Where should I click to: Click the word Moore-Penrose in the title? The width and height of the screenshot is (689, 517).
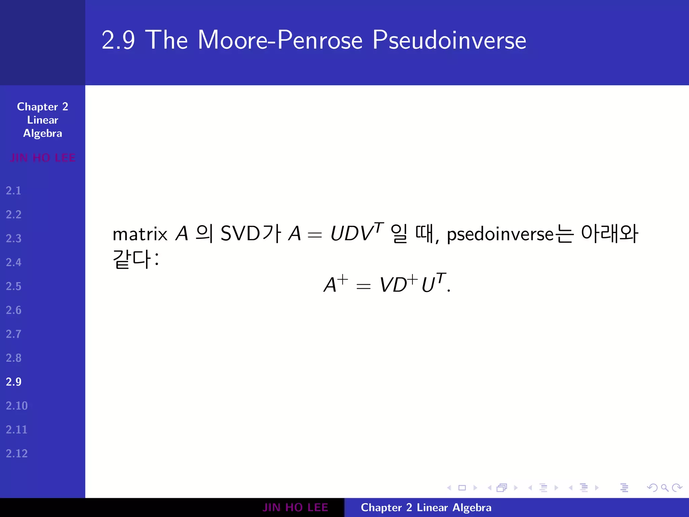pos(280,40)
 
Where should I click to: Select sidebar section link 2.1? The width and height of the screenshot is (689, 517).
pos(13,191)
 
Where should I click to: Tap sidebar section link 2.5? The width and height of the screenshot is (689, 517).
pos(13,286)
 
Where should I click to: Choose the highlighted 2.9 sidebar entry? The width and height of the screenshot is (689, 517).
pos(13,382)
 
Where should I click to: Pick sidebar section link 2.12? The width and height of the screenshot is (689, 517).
pos(16,454)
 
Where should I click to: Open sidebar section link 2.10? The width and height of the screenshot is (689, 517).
pos(16,406)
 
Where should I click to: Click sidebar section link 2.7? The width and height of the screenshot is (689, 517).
pos(13,334)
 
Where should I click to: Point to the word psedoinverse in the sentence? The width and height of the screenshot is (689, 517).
pos(500,235)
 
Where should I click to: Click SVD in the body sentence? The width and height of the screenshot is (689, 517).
pos(240,233)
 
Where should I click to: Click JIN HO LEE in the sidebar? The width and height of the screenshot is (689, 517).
pos(42,158)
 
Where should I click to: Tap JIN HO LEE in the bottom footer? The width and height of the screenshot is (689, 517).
pos(295,508)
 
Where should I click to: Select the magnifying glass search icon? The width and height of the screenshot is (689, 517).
pos(664,488)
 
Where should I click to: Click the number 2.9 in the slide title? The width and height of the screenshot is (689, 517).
pos(118,40)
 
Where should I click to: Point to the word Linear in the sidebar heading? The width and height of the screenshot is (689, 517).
pos(42,120)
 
